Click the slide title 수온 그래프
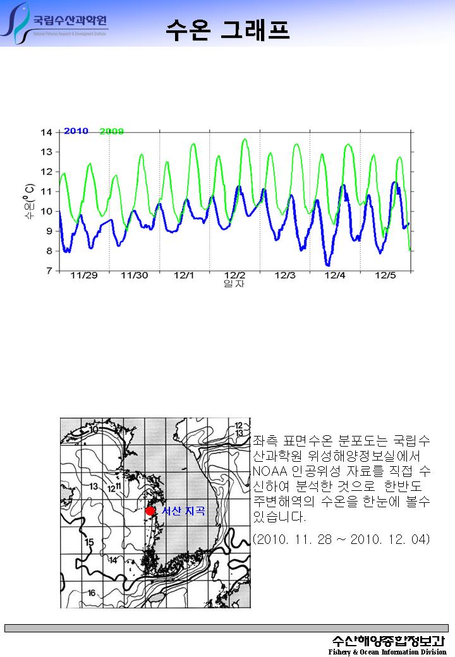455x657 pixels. (x=227, y=28)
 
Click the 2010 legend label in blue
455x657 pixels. (x=76, y=131)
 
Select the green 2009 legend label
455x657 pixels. (x=111, y=131)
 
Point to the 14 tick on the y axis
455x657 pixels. (x=46, y=133)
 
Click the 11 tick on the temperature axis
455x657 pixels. (x=46, y=191)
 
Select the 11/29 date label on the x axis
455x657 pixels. (x=83, y=275)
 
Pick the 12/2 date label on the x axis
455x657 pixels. (x=234, y=275)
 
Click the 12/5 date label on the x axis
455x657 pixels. (x=385, y=275)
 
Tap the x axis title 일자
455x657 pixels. (x=234, y=284)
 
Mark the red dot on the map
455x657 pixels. (x=150, y=511)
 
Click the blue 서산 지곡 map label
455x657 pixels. (x=183, y=511)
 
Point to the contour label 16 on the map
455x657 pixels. (x=92, y=593)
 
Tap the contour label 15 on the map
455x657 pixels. (x=89, y=542)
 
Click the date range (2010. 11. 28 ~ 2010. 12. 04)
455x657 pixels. (x=341, y=539)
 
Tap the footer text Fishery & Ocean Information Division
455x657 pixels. (x=387, y=652)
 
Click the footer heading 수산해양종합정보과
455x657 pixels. (x=389, y=640)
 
